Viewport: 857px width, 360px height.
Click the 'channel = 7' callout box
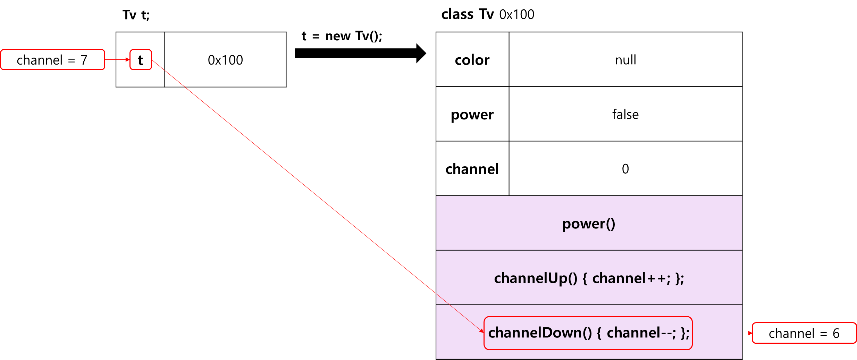tap(53, 60)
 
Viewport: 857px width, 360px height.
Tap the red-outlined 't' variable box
tap(141, 60)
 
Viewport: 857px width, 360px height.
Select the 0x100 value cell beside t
tap(225, 60)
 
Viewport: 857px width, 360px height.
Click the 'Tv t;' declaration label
tap(136, 15)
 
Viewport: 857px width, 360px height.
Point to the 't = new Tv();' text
tap(342, 36)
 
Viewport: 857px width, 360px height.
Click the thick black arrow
tap(360, 53)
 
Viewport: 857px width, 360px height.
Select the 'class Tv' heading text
tap(468, 14)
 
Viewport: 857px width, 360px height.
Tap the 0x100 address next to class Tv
tap(517, 15)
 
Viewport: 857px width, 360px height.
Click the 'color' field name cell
tap(472, 59)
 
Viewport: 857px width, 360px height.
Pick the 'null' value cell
tap(625, 59)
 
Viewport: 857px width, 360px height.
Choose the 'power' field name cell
tap(472, 114)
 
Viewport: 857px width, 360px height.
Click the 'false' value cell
tap(625, 114)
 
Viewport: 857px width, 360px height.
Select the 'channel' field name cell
tap(472, 168)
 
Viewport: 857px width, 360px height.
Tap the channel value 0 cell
tap(625, 168)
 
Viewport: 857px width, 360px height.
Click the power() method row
tap(589, 223)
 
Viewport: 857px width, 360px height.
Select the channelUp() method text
tap(589, 278)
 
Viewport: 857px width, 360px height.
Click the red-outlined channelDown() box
tap(588, 333)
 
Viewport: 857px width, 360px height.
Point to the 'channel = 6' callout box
tap(804, 333)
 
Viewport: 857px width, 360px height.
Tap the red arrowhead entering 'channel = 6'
tap(750, 333)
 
